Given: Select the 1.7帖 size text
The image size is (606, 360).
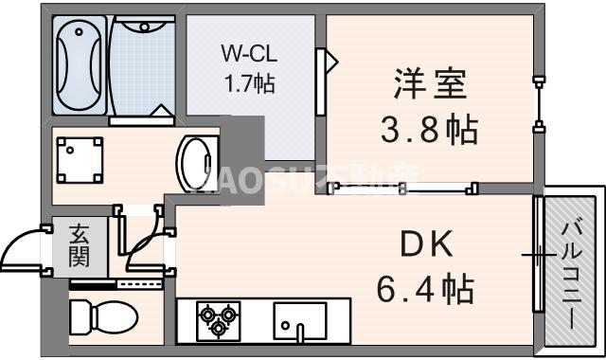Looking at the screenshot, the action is tap(249, 83).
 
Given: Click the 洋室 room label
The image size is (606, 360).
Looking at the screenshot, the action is tap(430, 84).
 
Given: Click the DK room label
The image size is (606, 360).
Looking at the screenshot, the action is tap(428, 244).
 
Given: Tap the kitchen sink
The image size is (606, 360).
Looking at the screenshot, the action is tap(299, 319).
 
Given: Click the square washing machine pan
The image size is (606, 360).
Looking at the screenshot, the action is tap(80, 159).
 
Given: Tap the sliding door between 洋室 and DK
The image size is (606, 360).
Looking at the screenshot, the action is tap(399, 189).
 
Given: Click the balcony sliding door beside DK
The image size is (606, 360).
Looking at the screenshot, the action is tap(538, 254).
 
